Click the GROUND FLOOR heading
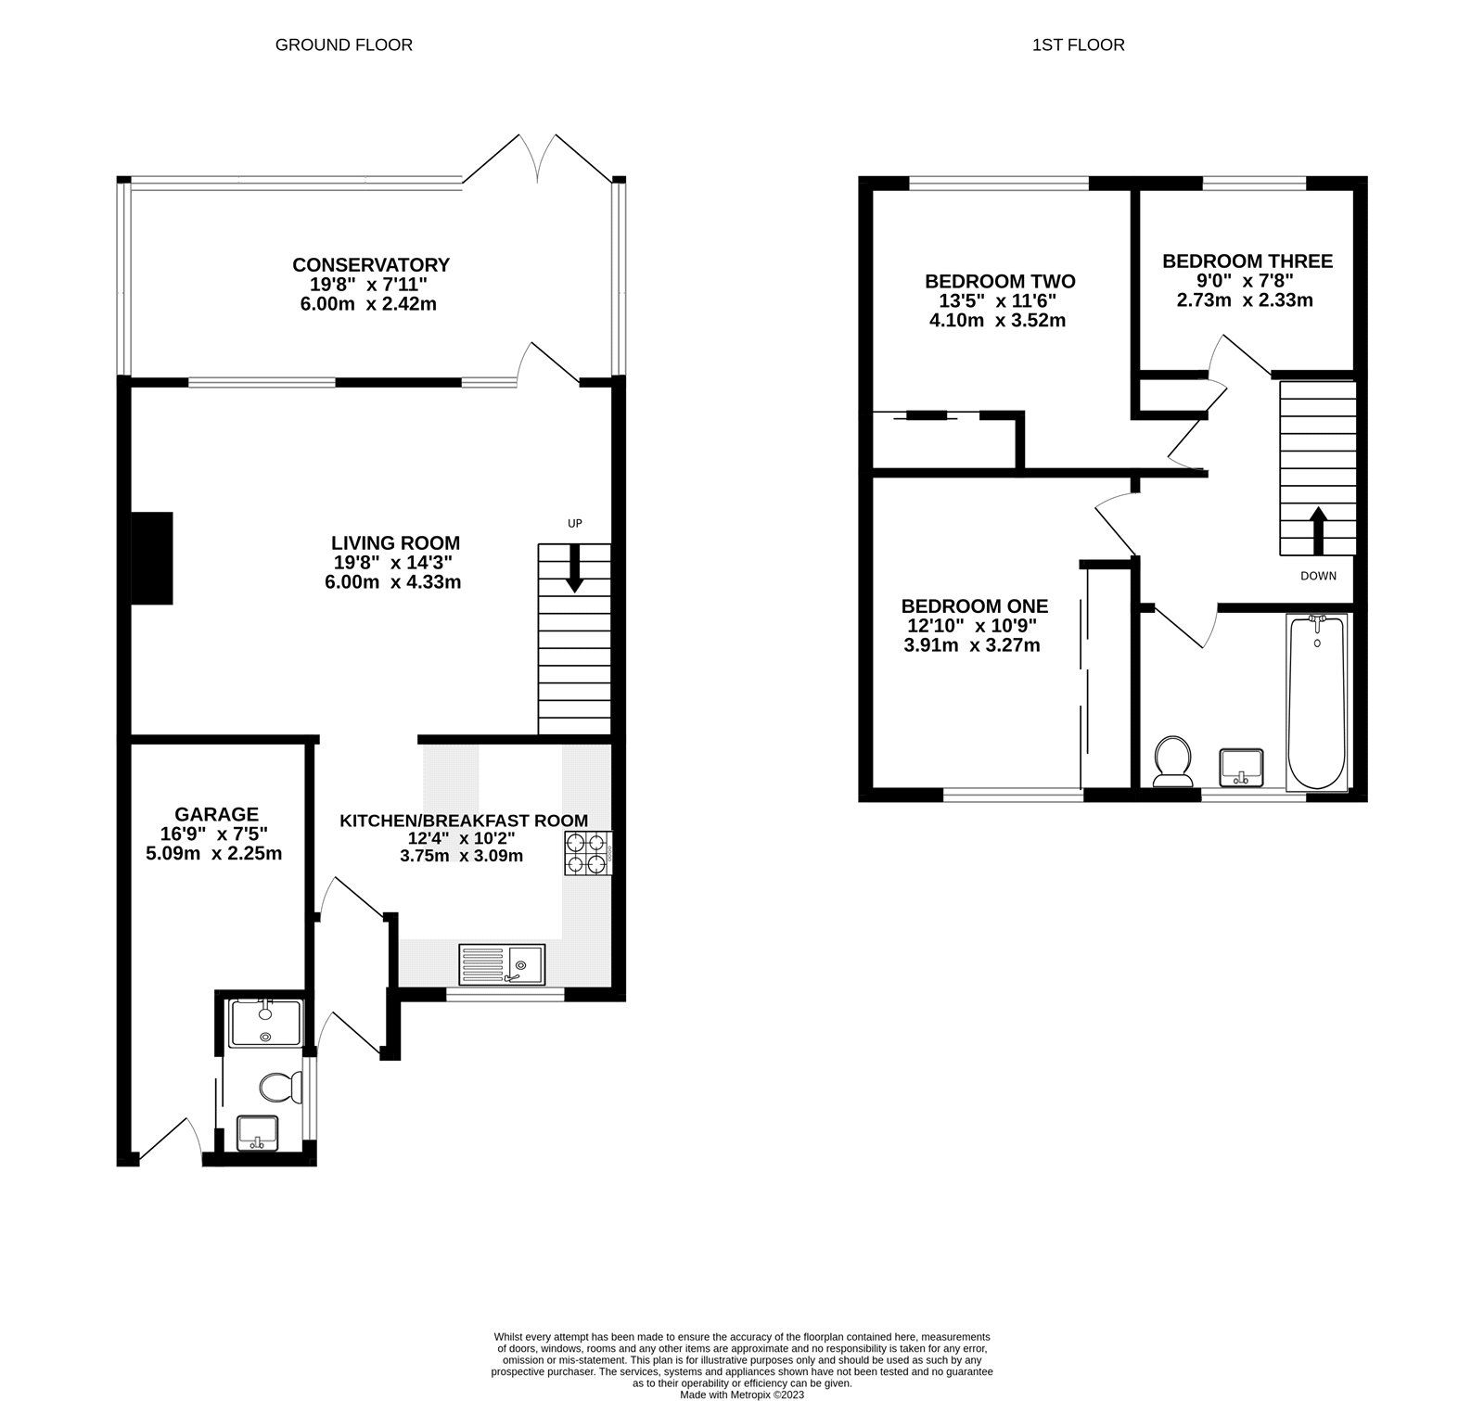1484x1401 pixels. point(343,45)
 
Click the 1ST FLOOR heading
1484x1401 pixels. point(1078,45)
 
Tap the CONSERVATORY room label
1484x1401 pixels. point(371,265)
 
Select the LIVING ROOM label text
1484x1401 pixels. point(396,543)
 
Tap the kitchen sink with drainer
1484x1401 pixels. point(502,965)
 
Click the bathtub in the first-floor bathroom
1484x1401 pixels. point(1316,703)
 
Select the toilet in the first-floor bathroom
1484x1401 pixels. point(1173,761)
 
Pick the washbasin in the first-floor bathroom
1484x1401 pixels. point(1241,767)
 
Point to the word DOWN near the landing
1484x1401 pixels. point(1318,576)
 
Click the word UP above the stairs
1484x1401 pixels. point(575,523)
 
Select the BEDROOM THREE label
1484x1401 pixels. point(1247,261)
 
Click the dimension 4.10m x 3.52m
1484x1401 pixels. point(997,321)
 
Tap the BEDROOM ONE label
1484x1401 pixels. point(975,606)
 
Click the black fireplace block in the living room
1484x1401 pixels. point(152,558)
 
